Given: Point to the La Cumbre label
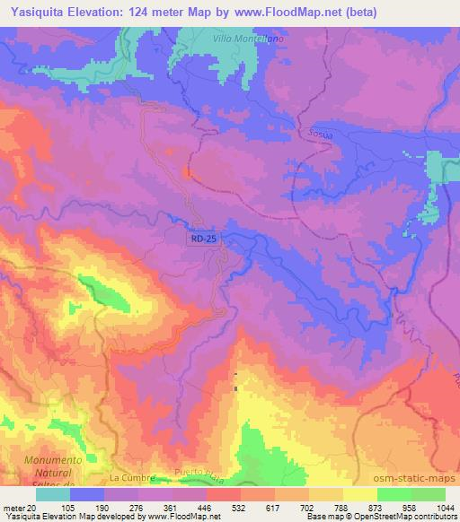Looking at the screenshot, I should (132, 479).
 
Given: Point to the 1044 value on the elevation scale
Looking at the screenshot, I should (444, 508).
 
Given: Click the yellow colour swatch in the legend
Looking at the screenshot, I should (359, 494).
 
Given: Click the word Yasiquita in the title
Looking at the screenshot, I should (36, 12).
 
